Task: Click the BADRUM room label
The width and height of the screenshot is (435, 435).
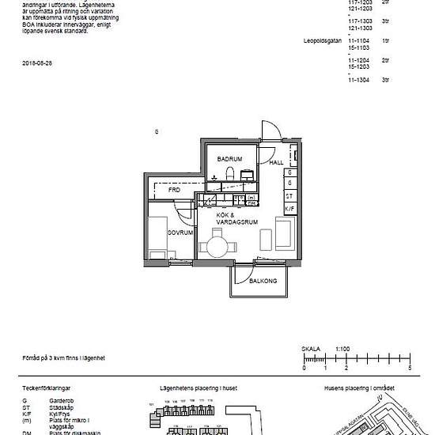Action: (x=229, y=158)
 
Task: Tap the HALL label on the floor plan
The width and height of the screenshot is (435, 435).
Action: (x=276, y=162)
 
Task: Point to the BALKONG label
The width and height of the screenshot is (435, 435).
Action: (x=262, y=281)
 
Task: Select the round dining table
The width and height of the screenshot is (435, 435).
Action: (x=218, y=248)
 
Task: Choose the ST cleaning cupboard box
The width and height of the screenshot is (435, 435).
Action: (x=290, y=195)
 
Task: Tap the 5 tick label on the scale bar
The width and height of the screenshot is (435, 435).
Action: (x=409, y=369)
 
